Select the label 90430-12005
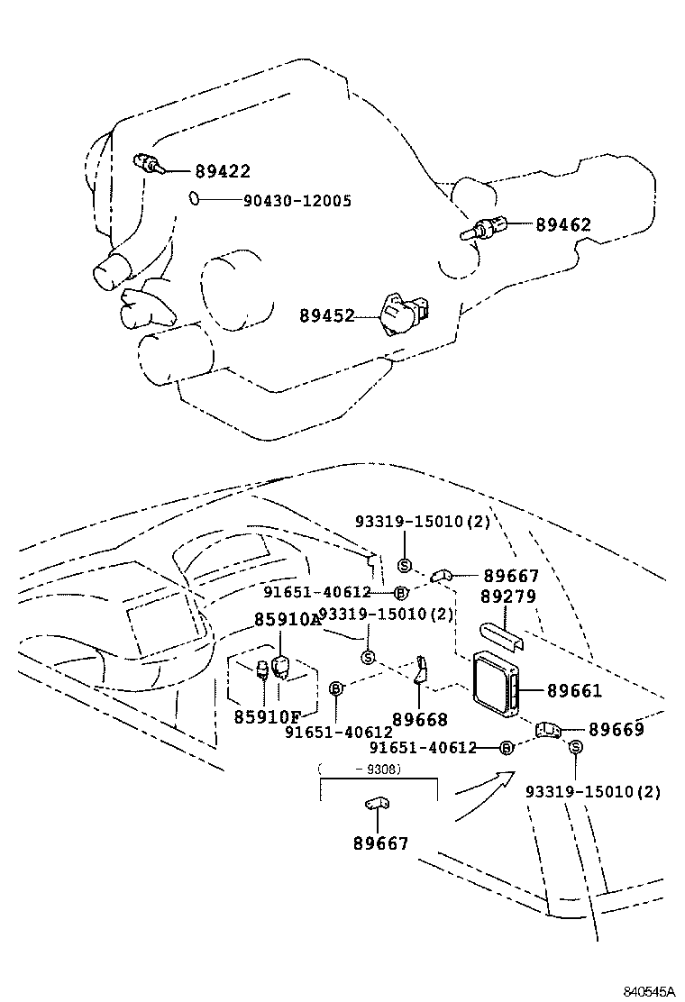click(x=297, y=200)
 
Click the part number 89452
click(x=327, y=315)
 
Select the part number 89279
click(x=507, y=597)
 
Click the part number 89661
click(x=573, y=691)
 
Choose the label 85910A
click(x=287, y=620)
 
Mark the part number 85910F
click(x=267, y=716)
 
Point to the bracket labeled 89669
click(x=548, y=729)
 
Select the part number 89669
click(x=616, y=729)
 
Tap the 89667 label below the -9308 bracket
click(x=380, y=843)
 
